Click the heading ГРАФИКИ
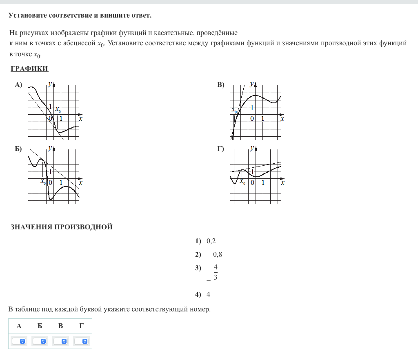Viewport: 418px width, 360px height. click(29, 69)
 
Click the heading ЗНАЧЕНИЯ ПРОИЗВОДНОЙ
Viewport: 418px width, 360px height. click(62, 227)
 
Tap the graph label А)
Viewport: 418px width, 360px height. click(18, 85)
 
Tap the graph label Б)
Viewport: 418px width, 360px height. click(18, 149)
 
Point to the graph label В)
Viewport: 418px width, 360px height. click(221, 85)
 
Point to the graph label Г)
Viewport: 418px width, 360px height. click(221, 149)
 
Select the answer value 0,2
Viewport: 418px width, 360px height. click(211, 241)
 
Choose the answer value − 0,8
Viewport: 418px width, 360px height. click(214, 255)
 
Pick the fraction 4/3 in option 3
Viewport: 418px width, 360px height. click(216, 273)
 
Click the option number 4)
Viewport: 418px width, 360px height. click(198, 294)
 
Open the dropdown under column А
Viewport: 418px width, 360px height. click(19, 341)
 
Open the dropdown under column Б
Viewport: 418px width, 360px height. click(40, 341)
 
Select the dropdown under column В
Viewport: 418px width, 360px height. click(60, 341)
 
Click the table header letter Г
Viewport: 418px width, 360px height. click(81, 326)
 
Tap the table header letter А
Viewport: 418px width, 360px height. click(19, 326)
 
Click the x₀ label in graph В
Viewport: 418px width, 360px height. click(234, 110)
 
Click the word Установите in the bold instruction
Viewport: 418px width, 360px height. click(28, 16)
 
